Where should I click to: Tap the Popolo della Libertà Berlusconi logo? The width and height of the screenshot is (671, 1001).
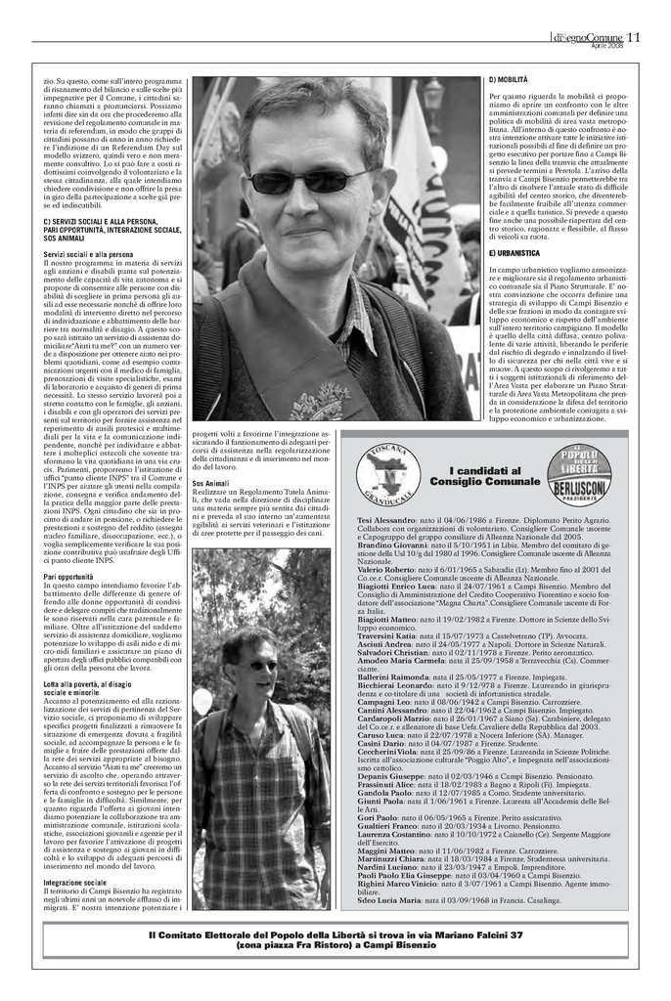pos(579,474)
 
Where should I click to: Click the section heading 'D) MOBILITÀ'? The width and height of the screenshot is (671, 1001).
pos(508,78)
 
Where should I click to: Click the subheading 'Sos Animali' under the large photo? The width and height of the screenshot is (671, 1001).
pos(211,483)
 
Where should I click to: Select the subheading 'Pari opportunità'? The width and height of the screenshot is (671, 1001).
pos(70,577)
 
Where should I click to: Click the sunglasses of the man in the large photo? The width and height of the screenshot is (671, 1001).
pos(283,181)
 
